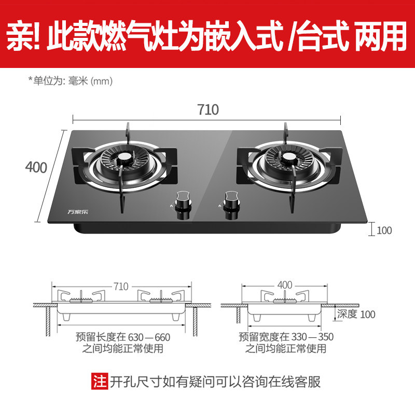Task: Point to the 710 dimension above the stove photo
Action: (208, 109)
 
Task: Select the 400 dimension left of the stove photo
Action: (36, 168)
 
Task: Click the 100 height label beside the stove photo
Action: (384, 230)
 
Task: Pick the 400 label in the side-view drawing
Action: (285, 284)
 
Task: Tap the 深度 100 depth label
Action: (356, 314)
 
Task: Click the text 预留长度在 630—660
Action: (122, 337)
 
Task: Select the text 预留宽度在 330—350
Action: (286, 337)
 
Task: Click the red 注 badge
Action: (99, 382)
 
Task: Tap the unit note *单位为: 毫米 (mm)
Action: (70, 81)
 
